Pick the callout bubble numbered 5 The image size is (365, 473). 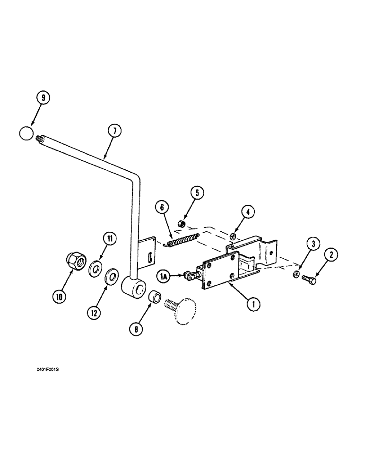pyautogui.click(x=197, y=193)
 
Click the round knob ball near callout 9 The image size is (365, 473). pyautogui.click(x=27, y=133)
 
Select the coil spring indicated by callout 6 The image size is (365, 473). pyautogui.click(x=183, y=239)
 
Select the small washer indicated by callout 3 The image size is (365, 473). pyautogui.click(x=295, y=274)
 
